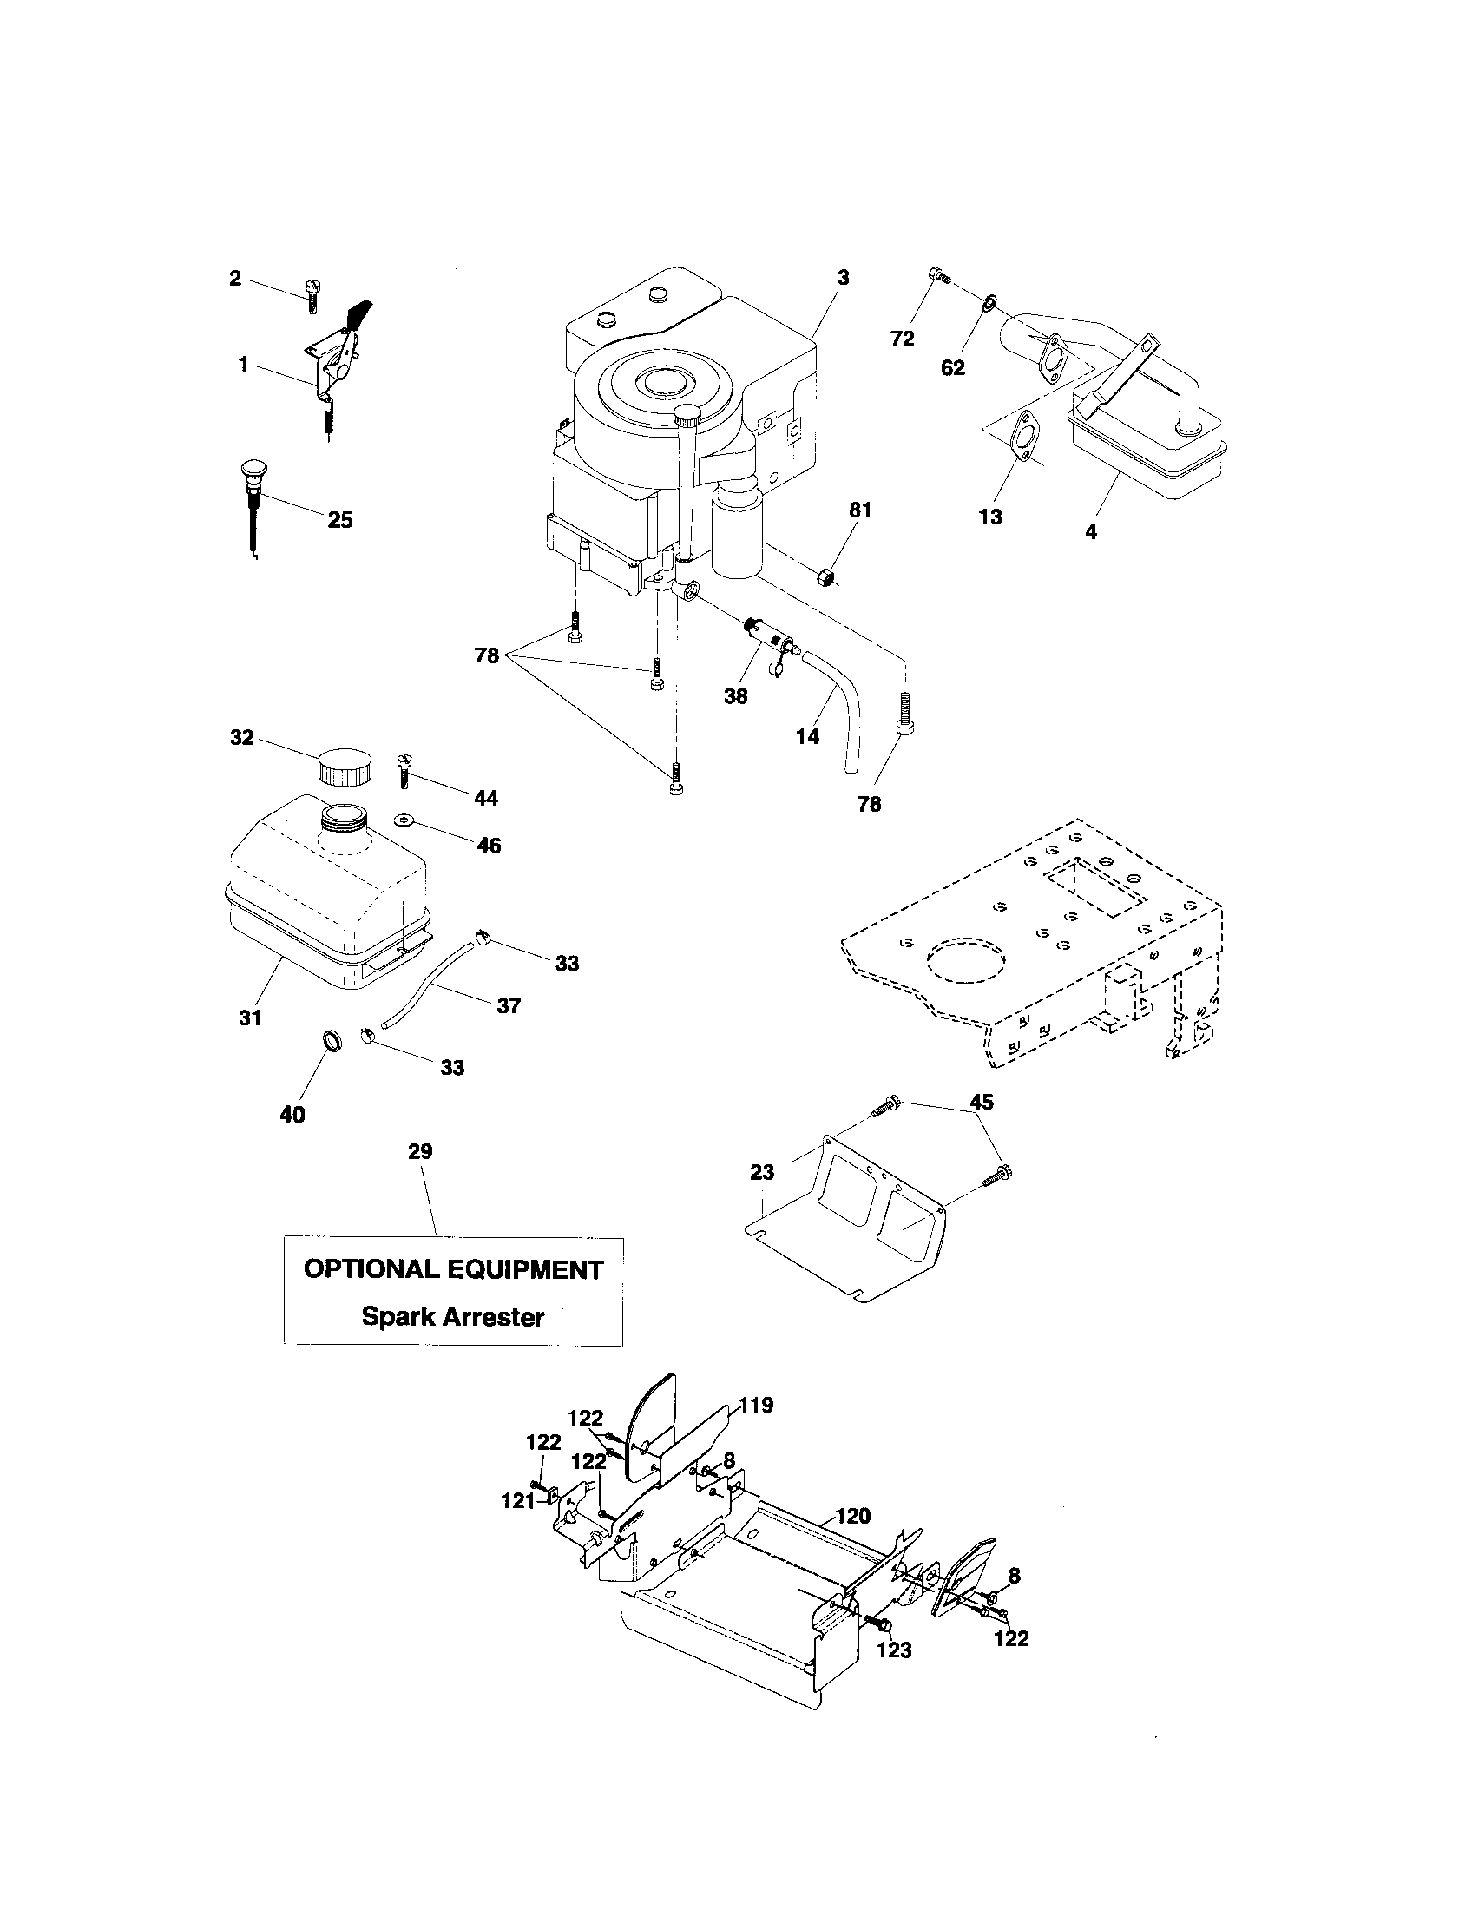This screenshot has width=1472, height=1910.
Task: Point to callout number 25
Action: (x=340, y=520)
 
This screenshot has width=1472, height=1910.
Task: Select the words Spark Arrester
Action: (x=453, y=1316)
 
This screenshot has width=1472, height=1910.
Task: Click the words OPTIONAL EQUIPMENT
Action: (x=453, y=1270)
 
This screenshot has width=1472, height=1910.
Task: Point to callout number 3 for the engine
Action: (x=843, y=278)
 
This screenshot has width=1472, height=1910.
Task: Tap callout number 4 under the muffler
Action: (x=1091, y=530)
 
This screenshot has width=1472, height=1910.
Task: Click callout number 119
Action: (x=756, y=1406)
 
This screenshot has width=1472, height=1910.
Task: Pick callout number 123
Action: (x=894, y=1650)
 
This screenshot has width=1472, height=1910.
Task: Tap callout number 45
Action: (x=982, y=1102)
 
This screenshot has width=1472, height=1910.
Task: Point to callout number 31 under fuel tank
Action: (x=251, y=1018)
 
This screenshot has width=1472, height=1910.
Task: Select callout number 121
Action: (x=518, y=1500)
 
